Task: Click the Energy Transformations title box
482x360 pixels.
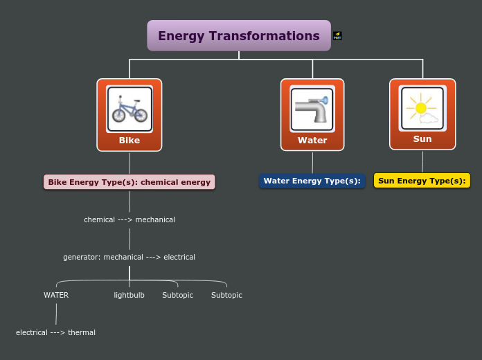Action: click(239, 36)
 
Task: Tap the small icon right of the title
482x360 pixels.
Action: click(337, 35)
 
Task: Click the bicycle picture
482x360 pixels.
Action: click(130, 109)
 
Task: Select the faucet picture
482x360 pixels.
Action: click(312, 109)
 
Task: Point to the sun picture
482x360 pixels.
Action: click(422, 109)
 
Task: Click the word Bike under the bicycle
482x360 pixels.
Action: click(130, 141)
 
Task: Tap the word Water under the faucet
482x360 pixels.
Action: click(312, 141)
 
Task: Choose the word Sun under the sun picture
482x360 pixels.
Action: click(422, 139)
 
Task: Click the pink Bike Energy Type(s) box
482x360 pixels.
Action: click(130, 182)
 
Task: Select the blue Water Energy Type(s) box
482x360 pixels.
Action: click(312, 181)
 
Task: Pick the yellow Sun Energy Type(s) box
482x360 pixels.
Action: click(422, 181)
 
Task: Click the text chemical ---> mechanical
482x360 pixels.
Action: click(130, 219)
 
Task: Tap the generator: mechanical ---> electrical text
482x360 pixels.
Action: click(130, 257)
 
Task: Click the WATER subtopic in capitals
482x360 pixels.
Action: click(56, 295)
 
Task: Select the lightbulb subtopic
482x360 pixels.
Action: click(130, 295)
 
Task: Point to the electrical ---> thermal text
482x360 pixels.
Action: click(56, 332)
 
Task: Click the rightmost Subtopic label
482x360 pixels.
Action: click(226, 295)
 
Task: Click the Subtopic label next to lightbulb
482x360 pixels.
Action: click(178, 295)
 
